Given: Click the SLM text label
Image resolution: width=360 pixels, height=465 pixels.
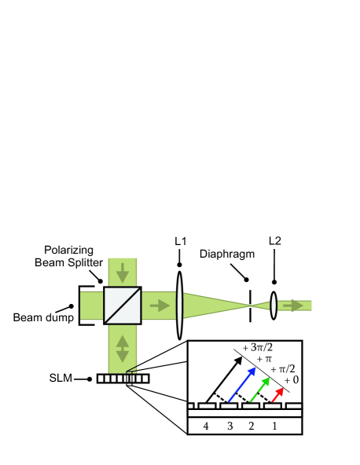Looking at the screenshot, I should pyautogui.click(x=59, y=379).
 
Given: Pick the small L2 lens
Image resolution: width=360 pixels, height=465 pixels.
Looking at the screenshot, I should pyautogui.click(x=274, y=305).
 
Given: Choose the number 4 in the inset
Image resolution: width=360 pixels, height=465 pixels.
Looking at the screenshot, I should pyautogui.click(x=205, y=426).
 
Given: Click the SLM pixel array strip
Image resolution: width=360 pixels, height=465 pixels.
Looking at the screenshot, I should pyautogui.click(x=123, y=379).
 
